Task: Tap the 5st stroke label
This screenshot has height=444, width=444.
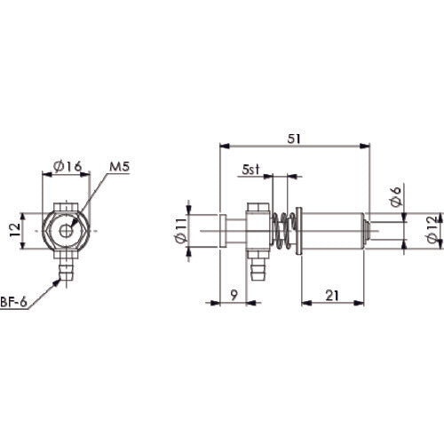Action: pyautogui.click(x=251, y=169)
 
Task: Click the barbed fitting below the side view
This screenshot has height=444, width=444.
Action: pyautogui.click(x=257, y=265)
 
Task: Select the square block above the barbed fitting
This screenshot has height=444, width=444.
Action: pyautogui.click(x=257, y=234)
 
